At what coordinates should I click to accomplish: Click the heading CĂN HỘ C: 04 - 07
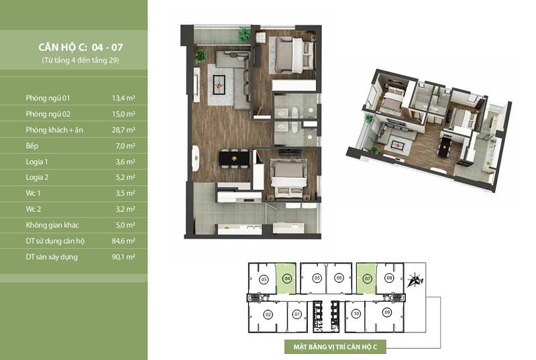(81, 47)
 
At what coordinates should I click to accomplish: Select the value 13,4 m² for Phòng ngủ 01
(123, 98)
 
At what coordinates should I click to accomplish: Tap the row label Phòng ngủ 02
(48, 114)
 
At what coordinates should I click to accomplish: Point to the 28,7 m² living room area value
(123, 130)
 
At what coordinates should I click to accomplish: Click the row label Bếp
(32, 146)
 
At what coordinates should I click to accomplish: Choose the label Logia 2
(37, 177)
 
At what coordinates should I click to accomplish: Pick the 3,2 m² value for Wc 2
(125, 209)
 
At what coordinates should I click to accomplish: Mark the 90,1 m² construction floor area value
(123, 257)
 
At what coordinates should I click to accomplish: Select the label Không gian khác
(52, 225)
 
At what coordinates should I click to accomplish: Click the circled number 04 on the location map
(288, 278)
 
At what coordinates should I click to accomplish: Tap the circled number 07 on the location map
(368, 279)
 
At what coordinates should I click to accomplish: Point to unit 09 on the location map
(387, 312)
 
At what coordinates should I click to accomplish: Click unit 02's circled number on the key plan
(268, 314)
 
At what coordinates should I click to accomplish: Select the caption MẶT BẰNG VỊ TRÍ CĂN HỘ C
(335, 347)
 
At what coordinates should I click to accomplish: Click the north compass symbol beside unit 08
(415, 280)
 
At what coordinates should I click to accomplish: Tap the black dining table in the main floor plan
(234, 158)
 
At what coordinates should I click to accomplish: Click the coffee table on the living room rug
(219, 84)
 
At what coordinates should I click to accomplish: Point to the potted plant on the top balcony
(244, 34)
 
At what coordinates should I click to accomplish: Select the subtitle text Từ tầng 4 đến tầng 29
(81, 60)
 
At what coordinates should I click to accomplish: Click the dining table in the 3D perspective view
(445, 146)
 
